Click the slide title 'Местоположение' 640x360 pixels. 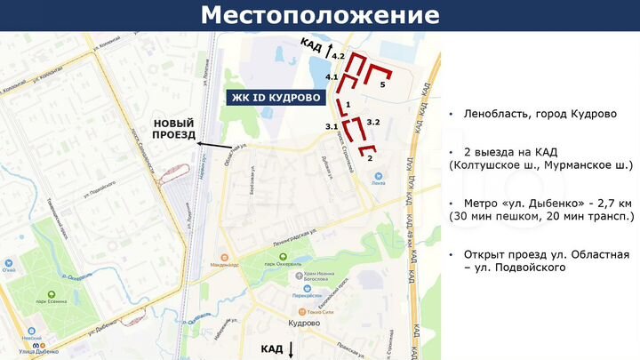coord(319,15)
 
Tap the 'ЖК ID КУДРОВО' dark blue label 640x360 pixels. coord(276,97)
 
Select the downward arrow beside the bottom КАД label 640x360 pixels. coord(291,348)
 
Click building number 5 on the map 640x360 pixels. coord(382,84)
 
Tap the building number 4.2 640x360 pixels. coord(338,56)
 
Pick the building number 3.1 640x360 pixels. coord(331,127)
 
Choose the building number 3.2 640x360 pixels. coord(373,122)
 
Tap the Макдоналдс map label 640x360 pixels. coord(224,265)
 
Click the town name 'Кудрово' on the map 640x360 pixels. coord(304,324)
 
